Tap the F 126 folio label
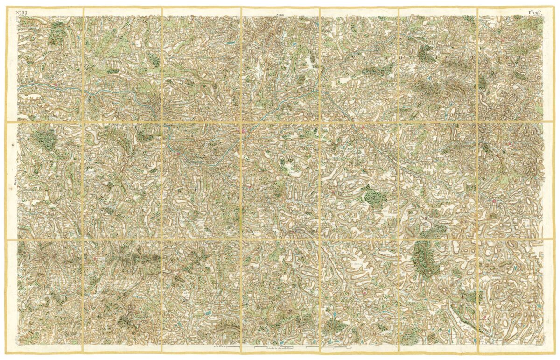point(535,12)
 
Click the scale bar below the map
point(280,348)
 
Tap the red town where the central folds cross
point(244,133)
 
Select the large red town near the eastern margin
point(493,202)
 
